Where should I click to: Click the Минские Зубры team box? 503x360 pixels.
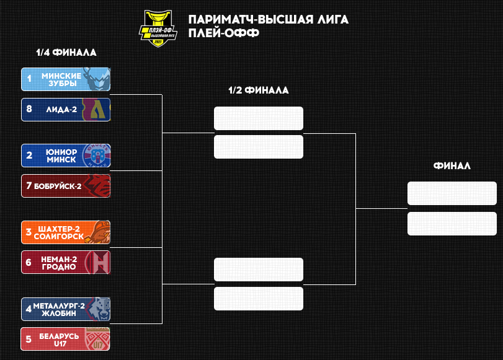point(66,79)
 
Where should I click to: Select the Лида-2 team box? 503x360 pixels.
point(66,110)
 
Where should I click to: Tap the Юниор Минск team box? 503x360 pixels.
point(66,156)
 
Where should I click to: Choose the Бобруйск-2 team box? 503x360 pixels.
point(66,186)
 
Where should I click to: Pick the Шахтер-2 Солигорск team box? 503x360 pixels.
point(66,232)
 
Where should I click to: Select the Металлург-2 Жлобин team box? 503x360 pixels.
point(66,309)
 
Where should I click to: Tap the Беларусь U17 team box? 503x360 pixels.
point(66,339)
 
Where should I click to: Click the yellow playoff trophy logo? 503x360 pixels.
point(158,28)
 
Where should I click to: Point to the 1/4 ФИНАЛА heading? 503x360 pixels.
point(66,53)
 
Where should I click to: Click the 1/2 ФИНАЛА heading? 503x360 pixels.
point(258,90)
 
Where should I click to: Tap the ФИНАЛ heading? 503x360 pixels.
point(452,166)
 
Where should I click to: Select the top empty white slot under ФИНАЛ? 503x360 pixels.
point(452,193)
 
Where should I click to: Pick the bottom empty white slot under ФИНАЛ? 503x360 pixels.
point(452,224)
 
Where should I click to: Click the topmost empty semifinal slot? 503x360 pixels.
point(258,118)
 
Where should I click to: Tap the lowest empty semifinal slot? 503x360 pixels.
point(258,299)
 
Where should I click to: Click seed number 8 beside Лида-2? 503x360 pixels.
point(29,110)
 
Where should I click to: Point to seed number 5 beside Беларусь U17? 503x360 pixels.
point(29,339)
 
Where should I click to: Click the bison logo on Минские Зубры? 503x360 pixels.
point(98,79)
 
